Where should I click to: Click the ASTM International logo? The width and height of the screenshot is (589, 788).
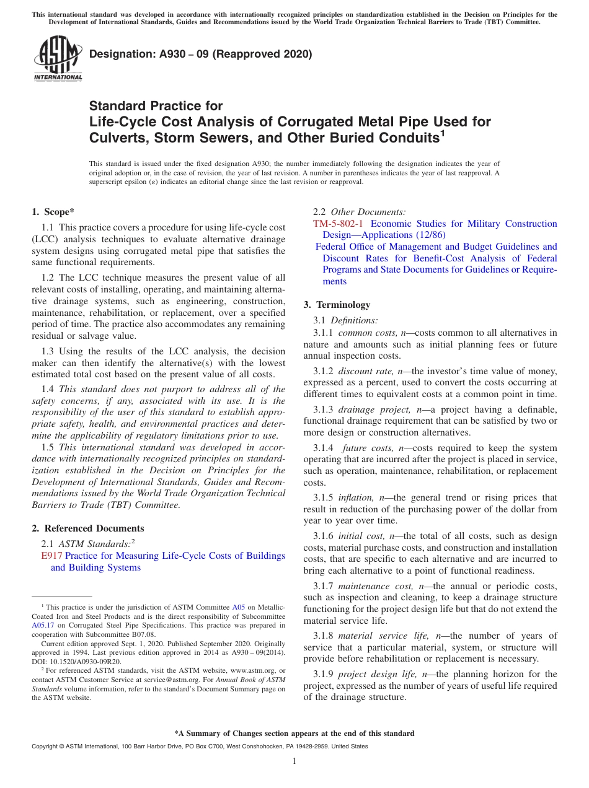pyautogui.click(x=58, y=59)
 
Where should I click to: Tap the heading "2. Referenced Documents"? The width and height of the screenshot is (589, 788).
pyautogui.click(x=88, y=528)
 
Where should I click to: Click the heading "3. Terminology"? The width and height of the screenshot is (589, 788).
pyautogui.click(x=337, y=305)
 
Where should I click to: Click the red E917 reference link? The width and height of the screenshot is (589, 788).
pyautogui.click(x=51, y=556)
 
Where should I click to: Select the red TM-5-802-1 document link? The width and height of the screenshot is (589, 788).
pyautogui.click(x=339, y=224)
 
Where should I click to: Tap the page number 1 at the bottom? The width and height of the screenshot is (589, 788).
pyautogui.click(x=294, y=761)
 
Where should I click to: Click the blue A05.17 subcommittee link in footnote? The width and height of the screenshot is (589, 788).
pyautogui.click(x=42, y=626)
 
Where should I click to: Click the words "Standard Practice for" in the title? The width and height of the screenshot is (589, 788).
pyautogui.click(x=156, y=106)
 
